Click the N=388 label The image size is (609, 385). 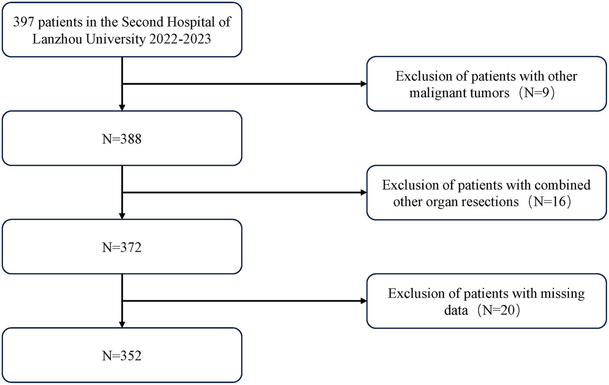click(122, 139)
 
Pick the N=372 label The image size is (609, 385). click(122, 247)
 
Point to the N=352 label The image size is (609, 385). click(122, 356)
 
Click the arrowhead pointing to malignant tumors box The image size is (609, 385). click(363, 84)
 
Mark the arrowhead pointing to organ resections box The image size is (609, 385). click(363, 192)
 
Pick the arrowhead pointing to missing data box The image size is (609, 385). click(363, 301)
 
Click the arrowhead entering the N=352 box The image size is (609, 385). click(122, 324)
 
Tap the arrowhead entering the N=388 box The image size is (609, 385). click(122, 108)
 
